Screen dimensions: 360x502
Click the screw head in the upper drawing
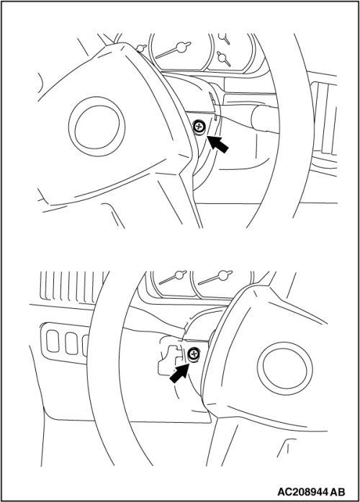[x=199, y=127]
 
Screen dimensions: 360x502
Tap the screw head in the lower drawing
[x=193, y=354]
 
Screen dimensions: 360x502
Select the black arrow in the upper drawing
[x=218, y=144]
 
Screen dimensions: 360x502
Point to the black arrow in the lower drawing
[x=179, y=372]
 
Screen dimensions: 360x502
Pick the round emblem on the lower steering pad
[x=285, y=369]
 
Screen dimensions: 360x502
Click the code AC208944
[x=302, y=491]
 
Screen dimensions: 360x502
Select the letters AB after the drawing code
[x=337, y=491]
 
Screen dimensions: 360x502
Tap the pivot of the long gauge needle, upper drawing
[x=181, y=47]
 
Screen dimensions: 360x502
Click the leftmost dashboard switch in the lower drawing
[x=53, y=341]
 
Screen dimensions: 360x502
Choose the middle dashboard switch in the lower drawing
[x=71, y=343]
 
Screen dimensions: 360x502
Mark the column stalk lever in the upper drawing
[x=265, y=120]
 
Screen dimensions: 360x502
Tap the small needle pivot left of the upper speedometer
[x=140, y=48]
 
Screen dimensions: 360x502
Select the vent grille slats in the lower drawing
[x=73, y=287]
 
